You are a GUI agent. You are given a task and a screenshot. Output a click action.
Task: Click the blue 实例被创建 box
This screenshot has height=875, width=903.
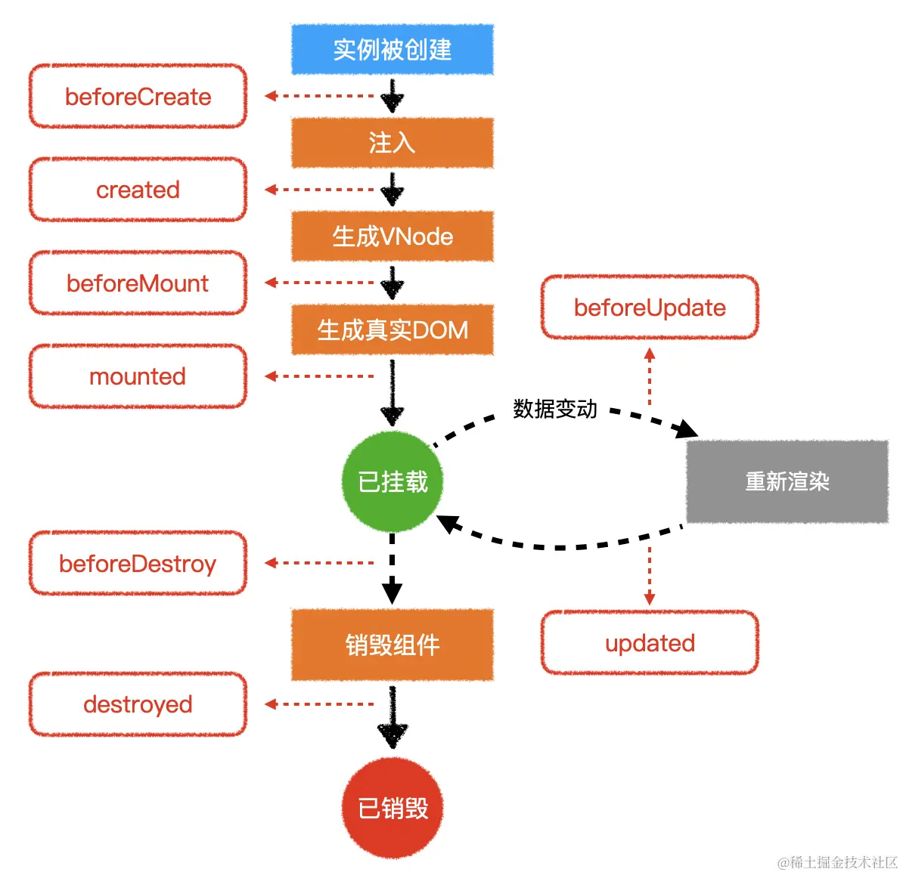point(393,50)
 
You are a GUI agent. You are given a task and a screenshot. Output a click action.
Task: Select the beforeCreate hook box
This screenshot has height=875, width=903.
point(138,97)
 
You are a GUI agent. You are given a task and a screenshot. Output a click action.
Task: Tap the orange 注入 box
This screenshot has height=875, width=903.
point(393,143)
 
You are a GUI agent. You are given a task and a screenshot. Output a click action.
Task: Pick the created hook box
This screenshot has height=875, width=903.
point(138,190)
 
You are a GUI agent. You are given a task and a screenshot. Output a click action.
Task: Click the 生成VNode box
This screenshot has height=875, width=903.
point(393,237)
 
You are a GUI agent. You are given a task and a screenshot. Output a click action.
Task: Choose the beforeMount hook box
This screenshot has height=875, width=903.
point(138,283)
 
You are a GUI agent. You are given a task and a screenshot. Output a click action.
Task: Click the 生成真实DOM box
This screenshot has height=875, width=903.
point(393,330)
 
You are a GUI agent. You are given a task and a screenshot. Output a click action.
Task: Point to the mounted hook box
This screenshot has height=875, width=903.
point(138,376)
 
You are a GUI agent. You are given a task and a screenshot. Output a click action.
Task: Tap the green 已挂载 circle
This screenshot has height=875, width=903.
point(392,481)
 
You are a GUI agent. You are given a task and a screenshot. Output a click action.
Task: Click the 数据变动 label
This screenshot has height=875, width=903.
point(555,409)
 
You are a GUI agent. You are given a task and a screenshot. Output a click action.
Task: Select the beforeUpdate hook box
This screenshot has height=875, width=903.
point(650,308)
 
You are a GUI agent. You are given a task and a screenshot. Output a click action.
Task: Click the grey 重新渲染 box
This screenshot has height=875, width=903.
point(787,481)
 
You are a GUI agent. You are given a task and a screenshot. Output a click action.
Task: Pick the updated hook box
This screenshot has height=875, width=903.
point(650,643)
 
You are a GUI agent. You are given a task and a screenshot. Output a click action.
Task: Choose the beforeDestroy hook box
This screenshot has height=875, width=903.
point(138,564)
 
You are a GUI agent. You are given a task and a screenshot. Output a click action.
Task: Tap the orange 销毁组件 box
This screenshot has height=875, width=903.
point(393,645)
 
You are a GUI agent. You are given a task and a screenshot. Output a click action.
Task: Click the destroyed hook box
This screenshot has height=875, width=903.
point(138,704)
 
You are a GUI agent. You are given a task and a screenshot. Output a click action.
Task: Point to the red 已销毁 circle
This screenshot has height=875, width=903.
point(392,808)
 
